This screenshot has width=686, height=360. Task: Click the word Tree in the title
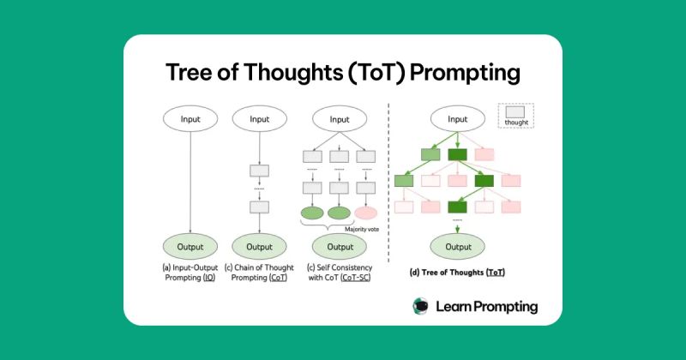click(x=194, y=74)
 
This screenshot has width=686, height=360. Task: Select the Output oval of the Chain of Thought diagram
click(x=259, y=247)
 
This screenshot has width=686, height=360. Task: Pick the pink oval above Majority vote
click(x=365, y=213)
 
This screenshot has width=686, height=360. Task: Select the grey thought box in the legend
click(x=516, y=112)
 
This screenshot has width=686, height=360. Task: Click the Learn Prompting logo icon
click(x=421, y=306)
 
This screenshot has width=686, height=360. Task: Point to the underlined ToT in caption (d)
click(x=496, y=272)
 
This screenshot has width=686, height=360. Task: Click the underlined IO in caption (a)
click(x=208, y=277)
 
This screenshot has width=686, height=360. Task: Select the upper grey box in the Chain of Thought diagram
click(x=259, y=171)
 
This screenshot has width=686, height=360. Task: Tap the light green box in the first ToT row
click(x=430, y=155)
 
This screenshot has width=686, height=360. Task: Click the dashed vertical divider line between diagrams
click(x=389, y=189)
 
